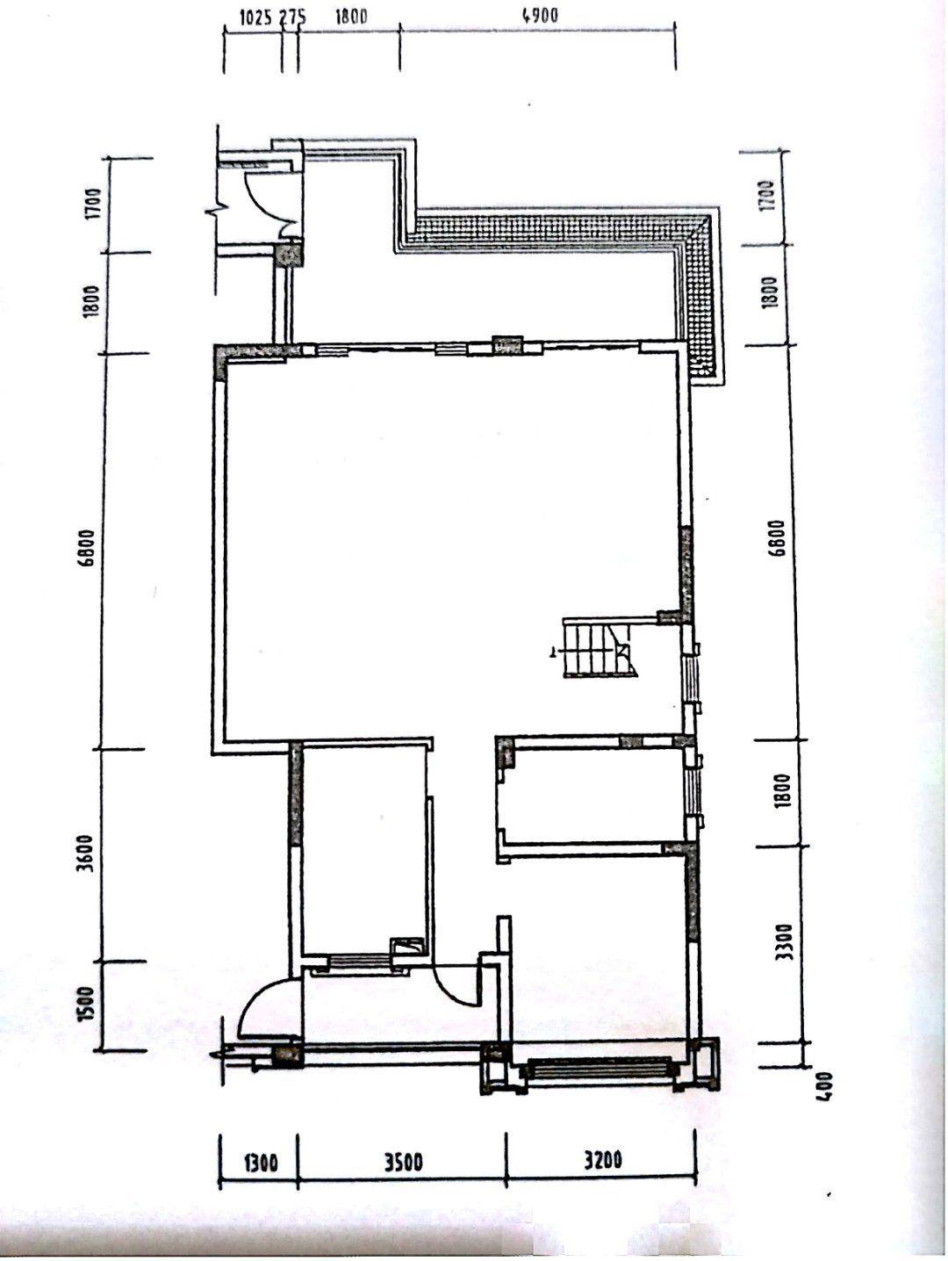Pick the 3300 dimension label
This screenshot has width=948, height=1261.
coord(785,942)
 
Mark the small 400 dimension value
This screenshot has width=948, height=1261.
coord(826,1085)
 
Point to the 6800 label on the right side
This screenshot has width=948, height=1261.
coord(778,538)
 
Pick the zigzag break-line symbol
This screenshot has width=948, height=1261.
coord(213,215)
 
